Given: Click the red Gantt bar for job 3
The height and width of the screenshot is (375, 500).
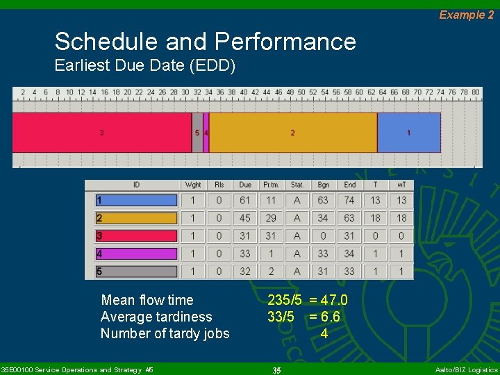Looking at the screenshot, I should point(102,133).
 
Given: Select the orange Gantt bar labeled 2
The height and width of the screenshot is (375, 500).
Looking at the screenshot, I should point(292,133).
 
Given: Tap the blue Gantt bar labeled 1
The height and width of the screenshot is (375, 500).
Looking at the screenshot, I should point(408,133).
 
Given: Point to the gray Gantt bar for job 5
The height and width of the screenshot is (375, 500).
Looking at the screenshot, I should point(197,133).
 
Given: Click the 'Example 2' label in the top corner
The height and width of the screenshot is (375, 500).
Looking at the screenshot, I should point(466,15).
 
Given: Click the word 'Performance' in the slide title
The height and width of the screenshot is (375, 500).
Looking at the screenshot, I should point(285,42).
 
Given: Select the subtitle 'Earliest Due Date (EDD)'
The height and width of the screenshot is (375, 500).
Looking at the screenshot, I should point(145,67).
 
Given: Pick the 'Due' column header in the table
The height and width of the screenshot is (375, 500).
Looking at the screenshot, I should point(245,185).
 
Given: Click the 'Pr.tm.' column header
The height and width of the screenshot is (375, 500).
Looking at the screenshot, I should point(271,185).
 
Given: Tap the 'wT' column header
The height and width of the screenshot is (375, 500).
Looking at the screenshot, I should point(401,185).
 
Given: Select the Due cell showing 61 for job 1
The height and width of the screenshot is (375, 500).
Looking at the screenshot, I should point(245,200).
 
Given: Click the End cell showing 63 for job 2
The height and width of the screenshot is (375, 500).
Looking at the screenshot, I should point(349,218).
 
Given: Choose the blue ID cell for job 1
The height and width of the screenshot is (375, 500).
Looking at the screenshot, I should point(137,200).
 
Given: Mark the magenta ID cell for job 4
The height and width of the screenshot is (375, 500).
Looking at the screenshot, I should point(137,253).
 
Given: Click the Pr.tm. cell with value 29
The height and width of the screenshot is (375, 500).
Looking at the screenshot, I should point(271,218).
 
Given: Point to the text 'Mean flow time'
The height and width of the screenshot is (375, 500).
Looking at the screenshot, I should point(147,300).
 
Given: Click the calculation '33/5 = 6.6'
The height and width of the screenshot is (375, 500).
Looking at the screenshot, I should point(303,317).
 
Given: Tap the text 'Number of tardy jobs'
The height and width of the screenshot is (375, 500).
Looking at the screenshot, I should point(165,333).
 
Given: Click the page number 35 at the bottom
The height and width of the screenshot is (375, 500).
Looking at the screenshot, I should point(276,370).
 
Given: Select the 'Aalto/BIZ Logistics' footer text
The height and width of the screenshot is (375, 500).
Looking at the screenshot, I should point(466,370).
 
